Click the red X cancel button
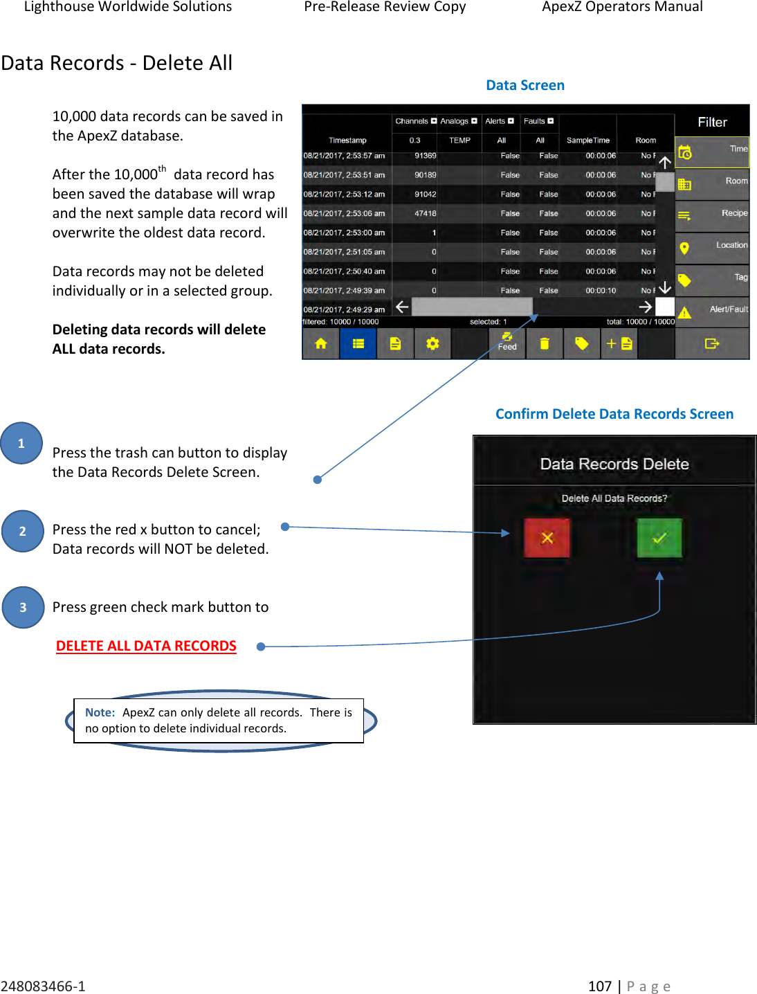click(547, 538)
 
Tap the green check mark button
click(659, 538)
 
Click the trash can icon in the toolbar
click(545, 343)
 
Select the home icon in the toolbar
click(320, 343)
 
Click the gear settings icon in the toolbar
click(432, 343)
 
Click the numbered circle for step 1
click(21, 443)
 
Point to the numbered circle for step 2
click(23, 531)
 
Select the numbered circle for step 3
click(23, 607)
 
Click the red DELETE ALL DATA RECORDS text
click(146, 646)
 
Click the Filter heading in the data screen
click(712, 123)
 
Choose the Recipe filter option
click(713, 214)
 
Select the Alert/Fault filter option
click(713, 310)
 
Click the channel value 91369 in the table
click(425, 156)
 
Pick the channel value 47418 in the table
click(425, 213)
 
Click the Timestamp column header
click(347, 141)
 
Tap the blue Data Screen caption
click(525, 85)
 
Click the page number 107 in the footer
click(600, 986)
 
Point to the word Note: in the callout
click(100, 712)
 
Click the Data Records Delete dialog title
click(614, 464)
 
